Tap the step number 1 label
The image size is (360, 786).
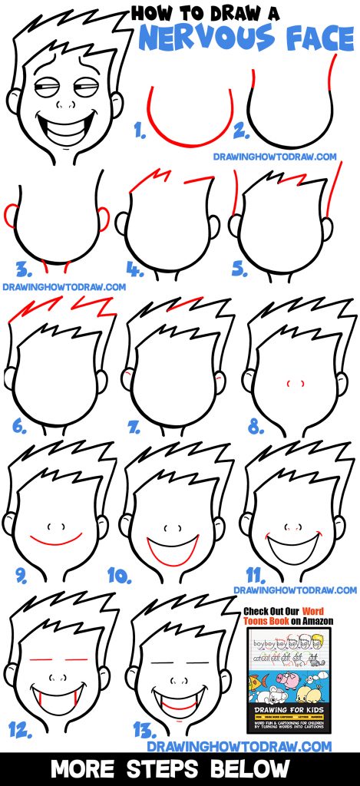pos(140,131)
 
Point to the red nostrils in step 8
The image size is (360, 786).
pos(290,382)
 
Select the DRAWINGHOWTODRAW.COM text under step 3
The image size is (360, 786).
pos(64,287)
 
